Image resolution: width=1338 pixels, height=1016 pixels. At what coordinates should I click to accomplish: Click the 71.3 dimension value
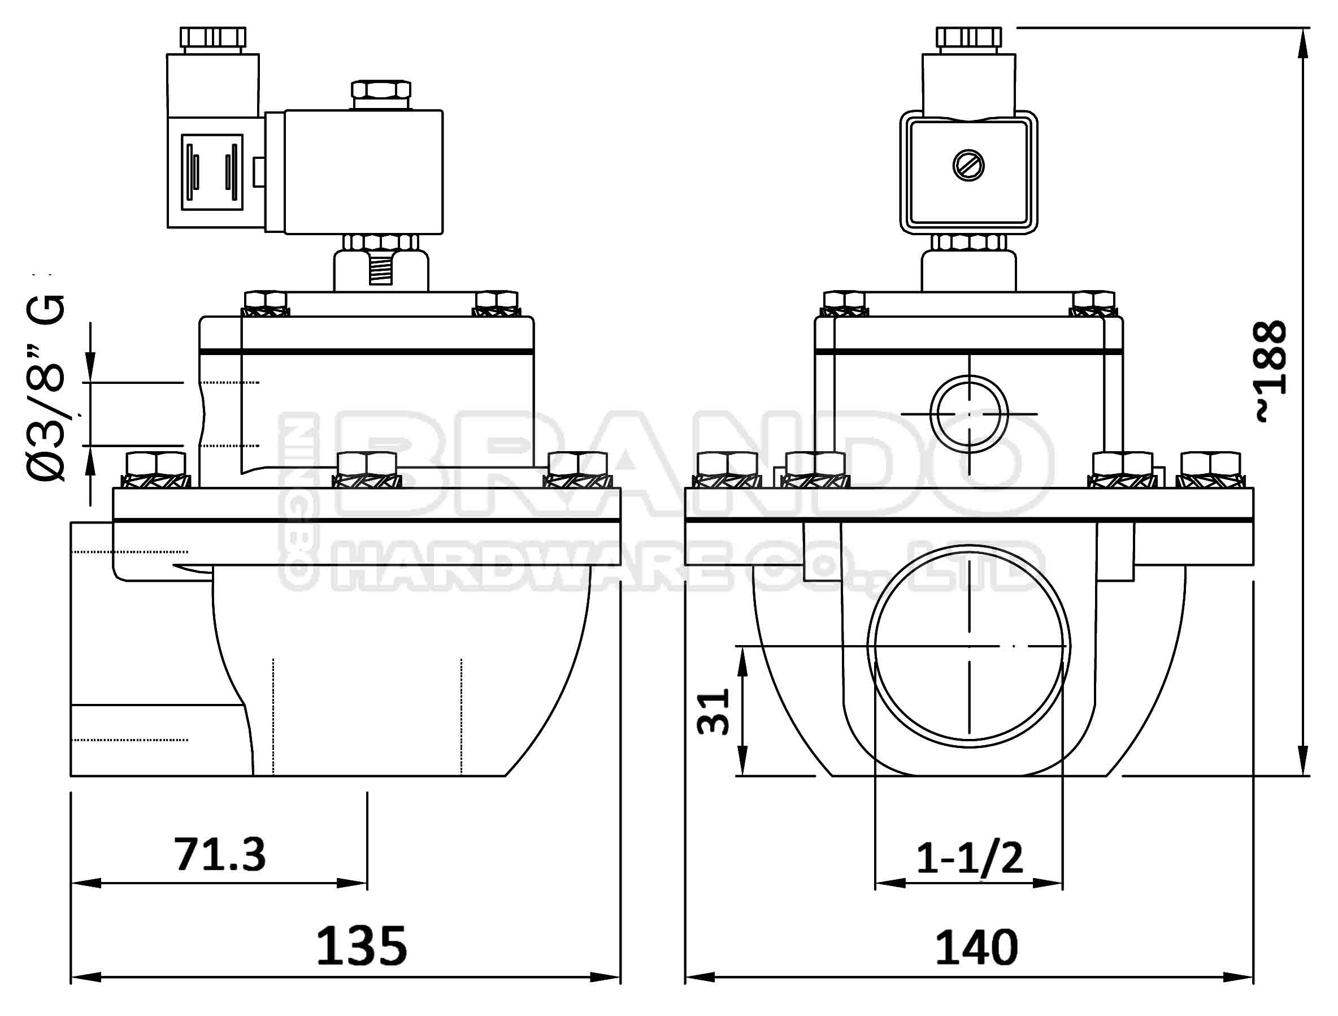220,854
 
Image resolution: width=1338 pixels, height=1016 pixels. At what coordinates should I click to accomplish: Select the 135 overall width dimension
361,946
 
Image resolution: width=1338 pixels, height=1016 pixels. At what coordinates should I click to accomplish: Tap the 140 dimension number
976,948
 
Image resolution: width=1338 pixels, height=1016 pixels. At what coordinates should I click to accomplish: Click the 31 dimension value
714,712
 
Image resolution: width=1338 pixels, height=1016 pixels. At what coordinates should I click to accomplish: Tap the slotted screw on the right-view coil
968,165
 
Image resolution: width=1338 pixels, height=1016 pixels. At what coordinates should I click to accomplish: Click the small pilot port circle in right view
969,413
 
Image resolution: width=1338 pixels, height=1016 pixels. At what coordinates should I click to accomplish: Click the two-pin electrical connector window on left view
212,172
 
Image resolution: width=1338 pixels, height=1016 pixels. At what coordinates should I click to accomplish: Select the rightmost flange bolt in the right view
1210,472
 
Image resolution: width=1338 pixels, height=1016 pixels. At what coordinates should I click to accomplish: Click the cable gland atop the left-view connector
214,38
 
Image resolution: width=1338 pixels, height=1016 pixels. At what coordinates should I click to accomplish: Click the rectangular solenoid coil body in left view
363,172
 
